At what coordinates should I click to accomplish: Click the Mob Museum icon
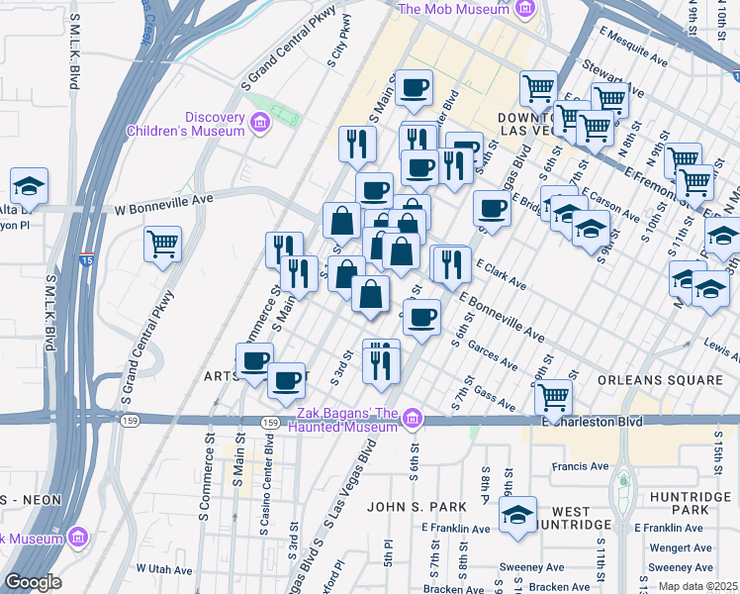525,10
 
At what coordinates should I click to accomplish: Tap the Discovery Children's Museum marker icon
260,123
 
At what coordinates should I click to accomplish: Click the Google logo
33,581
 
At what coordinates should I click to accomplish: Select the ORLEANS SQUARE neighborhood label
662,380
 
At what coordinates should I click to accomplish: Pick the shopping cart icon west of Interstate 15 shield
162,243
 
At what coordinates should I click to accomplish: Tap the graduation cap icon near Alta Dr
29,184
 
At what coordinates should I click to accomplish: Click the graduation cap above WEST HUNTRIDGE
517,514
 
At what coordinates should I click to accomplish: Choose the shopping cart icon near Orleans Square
554,396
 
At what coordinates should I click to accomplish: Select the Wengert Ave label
682,547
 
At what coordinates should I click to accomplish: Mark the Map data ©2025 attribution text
698,585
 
